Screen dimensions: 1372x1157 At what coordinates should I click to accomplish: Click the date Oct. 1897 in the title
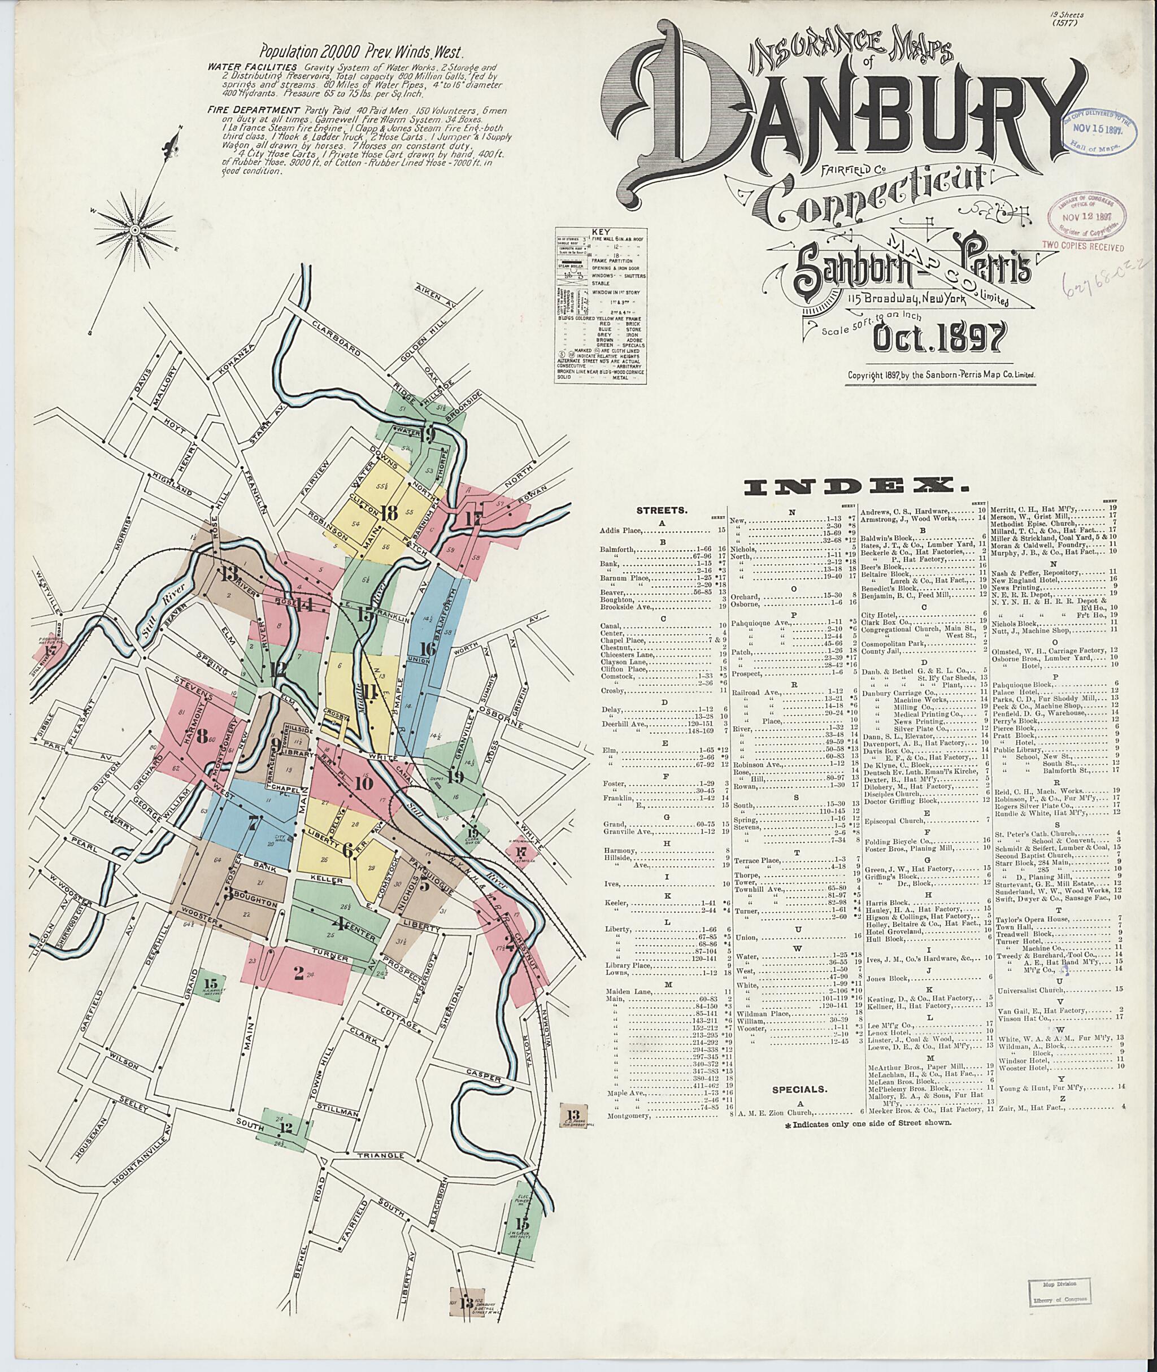tap(938, 338)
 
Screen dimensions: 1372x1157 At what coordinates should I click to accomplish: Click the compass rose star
tap(134, 229)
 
